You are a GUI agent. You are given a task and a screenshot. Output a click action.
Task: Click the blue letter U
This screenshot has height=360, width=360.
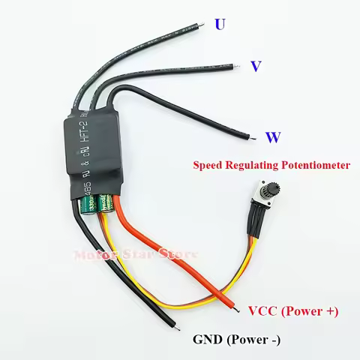[x=220, y=24]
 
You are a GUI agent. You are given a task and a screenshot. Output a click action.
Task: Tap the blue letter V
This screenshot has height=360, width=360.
[x=256, y=67]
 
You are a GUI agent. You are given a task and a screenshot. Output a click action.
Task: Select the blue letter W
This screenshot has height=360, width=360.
[x=273, y=137]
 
